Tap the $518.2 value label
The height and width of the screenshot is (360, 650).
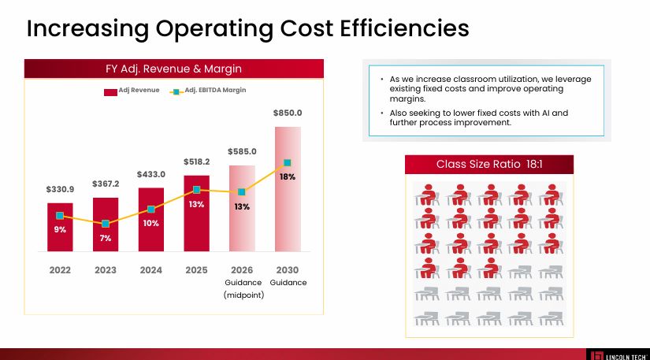pyautogui.click(x=196, y=161)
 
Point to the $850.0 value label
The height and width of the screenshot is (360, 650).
pyautogui.click(x=288, y=113)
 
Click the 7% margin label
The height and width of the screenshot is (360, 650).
pyautogui.click(x=106, y=238)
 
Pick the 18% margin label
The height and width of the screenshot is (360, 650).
pyautogui.click(x=288, y=177)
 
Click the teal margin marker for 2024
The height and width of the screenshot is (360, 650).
pyautogui.click(x=151, y=210)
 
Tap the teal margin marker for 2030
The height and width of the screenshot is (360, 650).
pyautogui.click(x=288, y=163)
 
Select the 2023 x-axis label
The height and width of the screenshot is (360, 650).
pyautogui.click(x=106, y=269)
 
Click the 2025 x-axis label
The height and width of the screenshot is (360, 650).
pyautogui.click(x=196, y=269)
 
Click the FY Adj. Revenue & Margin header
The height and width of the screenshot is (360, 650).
pyautogui.click(x=173, y=69)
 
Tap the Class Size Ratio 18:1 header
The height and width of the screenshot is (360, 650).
pyautogui.click(x=489, y=164)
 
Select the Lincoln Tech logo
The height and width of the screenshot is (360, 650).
pyautogui.click(x=618, y=354)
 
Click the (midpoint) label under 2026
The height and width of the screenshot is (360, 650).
pyautogui.click(x=243, y=295)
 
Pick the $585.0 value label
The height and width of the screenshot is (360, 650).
pyautogui.click(x=242, y=150)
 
